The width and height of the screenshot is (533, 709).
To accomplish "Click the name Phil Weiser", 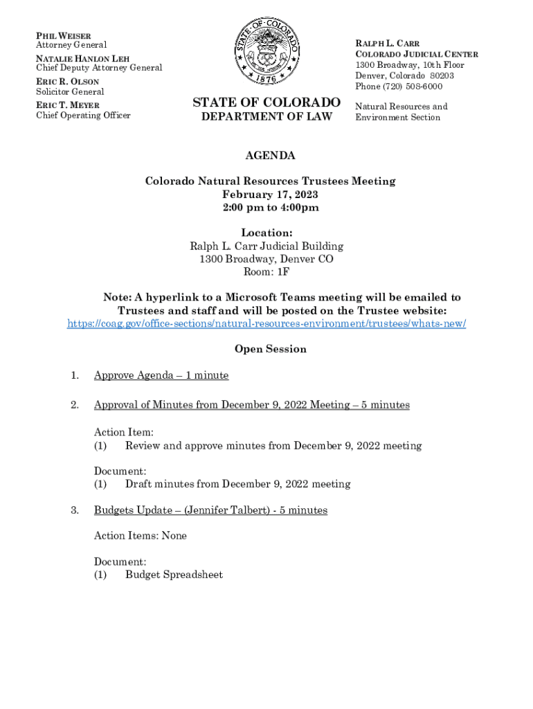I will click(x=64, y=35).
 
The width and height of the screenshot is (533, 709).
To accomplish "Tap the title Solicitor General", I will click(x=70, y=91).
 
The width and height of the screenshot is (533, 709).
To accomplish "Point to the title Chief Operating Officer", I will click(x=83, y=115).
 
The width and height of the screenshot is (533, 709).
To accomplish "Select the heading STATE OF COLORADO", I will click(x=266, y=102).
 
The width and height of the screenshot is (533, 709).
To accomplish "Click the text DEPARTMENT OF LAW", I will click(x=266, y=117).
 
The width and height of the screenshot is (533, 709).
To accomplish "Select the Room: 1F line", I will click(x=266, y=273).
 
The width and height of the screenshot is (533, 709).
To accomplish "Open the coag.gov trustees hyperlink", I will click(x=266, y=324).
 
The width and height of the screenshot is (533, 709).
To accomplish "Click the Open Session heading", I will click(x=270, y=349).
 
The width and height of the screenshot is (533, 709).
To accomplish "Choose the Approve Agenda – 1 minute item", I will click(x=161, y=375).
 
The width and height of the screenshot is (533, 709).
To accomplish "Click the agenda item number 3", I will click(x=74, y=510).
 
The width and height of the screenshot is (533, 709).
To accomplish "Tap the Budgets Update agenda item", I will click(x=210, y=510).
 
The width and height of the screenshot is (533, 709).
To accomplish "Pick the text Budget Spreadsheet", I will click(x=174, y=575).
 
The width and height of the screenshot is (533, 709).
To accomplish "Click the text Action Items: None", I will click(x=141, y=536).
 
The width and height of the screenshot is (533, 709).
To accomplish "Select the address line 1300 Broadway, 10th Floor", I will click(x=410, y=65).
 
